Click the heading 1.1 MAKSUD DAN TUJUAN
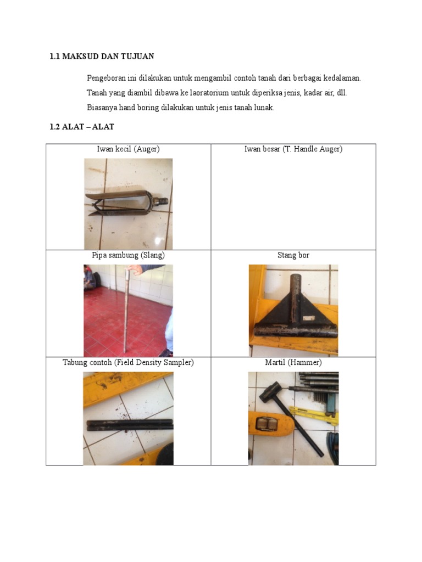point(102,57)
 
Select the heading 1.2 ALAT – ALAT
point(82,127)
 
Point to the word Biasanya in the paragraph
point(103,108)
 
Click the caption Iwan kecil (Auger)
point(128,149)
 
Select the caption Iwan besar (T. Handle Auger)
point(293,149)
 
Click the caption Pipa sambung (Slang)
point(128,255)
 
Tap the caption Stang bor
point(293,255)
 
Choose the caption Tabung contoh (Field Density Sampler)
point(128,363)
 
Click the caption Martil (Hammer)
point(293,363)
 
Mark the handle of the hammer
point(302,428)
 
